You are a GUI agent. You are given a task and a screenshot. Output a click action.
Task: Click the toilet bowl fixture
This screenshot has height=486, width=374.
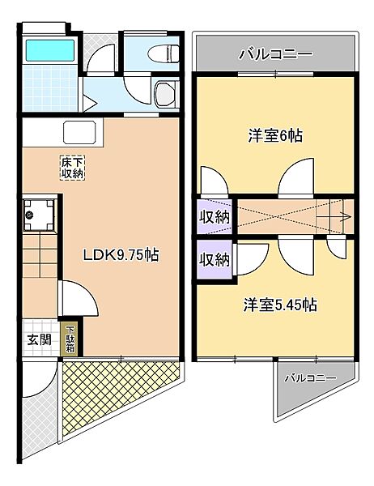164,54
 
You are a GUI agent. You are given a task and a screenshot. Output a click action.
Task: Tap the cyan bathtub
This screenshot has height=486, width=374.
50,50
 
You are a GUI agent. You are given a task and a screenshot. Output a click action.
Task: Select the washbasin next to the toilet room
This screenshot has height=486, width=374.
167,94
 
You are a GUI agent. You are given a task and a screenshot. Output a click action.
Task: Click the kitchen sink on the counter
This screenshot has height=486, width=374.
79,132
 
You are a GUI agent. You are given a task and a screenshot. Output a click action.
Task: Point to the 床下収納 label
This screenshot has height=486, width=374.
72,168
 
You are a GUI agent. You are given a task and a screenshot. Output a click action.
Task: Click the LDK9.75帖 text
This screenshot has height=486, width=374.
121,255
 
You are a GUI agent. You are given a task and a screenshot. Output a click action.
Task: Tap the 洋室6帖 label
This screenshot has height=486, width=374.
275,136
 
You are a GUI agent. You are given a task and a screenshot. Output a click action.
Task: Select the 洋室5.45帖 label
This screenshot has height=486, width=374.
280,305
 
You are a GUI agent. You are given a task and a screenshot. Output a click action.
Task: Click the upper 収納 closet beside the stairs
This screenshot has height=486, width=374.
215,216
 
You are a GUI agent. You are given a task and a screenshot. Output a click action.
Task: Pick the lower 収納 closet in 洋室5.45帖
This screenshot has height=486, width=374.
215,259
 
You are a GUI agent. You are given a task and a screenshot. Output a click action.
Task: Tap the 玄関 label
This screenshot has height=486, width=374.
39,339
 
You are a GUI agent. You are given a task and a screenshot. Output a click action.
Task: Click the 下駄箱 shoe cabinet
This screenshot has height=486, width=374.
70,339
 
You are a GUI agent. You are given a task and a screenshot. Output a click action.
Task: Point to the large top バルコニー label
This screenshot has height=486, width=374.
275,54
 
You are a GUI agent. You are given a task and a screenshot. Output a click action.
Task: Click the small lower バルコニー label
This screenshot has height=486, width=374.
311,377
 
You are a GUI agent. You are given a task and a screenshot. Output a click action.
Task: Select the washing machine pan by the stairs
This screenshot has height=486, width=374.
39,215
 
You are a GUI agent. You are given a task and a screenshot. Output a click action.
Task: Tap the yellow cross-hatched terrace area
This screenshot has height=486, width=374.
112,390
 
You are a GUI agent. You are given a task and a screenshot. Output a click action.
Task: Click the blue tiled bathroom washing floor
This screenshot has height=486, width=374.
50,88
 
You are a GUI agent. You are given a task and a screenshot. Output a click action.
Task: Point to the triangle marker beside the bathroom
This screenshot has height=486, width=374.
89,104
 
